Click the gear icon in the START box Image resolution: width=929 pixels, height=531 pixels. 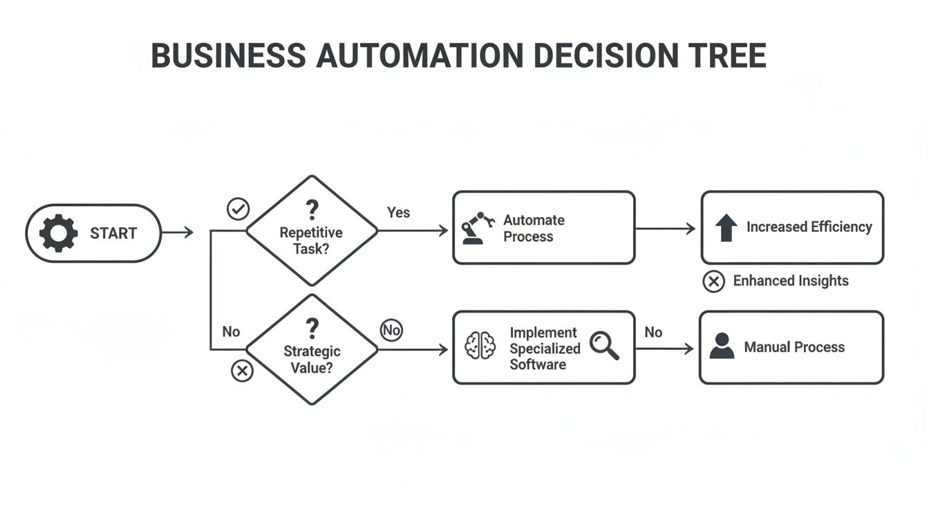pyautogui.click(x=59, y=233)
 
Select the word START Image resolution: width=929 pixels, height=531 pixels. pyautogui.click(x=113, y=234)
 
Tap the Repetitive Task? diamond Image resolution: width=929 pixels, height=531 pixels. pyautogui.click(x=312, y=230)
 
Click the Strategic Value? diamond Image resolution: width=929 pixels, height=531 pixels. pyautogui.click(x=312, y=349)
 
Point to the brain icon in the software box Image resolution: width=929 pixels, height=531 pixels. pyautogui.click(x=480, y=346)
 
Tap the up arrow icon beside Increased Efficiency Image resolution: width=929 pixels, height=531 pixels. pyautogui.click(x=725, y=227)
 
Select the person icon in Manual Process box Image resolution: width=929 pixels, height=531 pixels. pyautogui.click(x=722, y=346)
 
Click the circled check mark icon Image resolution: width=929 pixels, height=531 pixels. pyautogui.click(x=238, y=209)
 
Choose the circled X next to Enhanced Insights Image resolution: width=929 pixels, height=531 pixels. pyautogui.click(x=713, y=281)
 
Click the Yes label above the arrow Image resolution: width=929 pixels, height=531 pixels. pyautogui.click(x=398, y=212)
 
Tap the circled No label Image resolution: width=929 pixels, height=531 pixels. pyautogui.click(x=391, y=330)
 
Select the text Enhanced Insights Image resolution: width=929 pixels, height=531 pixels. pyautogui.click(x=791, y=281)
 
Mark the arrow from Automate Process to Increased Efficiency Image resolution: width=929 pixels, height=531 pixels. pyautogui.click(x=665, y=228)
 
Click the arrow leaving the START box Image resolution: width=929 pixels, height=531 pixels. pyautogui.click(x=178, y=233)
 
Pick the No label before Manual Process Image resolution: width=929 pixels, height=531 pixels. pyautogui.click(x=653, y=332)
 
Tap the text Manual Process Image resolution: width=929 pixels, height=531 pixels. pyautogui.click(x=794, y=347)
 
